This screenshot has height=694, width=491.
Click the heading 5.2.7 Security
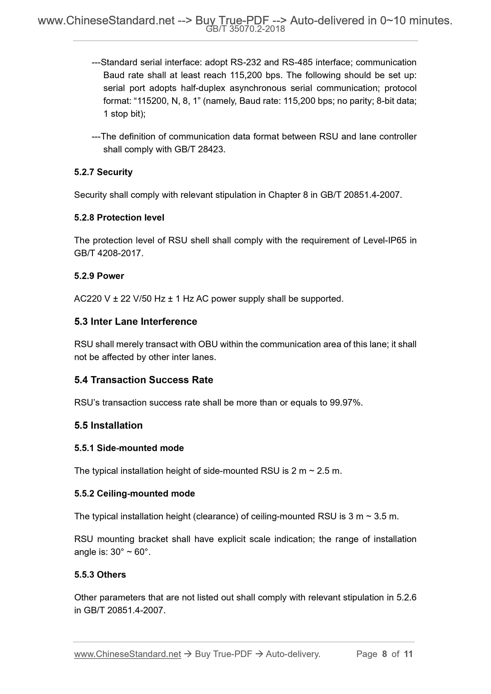pos(103,172)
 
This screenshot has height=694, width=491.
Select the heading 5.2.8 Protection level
pos(119,217)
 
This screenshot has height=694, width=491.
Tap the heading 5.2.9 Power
pos(99,276)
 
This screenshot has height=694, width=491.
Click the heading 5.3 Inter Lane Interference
pos(135,321)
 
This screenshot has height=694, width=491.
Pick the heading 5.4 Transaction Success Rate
pos(144,380)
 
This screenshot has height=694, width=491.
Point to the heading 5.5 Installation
pos(108,425)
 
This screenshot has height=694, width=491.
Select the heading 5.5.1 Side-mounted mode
pos(129,448)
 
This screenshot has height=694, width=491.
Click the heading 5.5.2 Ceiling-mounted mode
pos(135,493)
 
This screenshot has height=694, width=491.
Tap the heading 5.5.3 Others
pos(100,574)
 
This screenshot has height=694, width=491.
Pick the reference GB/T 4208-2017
pos(108,253)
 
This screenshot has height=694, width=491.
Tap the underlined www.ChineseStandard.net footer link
pos(127,654)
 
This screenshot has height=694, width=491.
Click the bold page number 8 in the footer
pos(384,654)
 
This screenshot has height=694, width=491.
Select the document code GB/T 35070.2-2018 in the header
pos(245,29)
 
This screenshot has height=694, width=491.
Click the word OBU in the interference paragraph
pos(208,344)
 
